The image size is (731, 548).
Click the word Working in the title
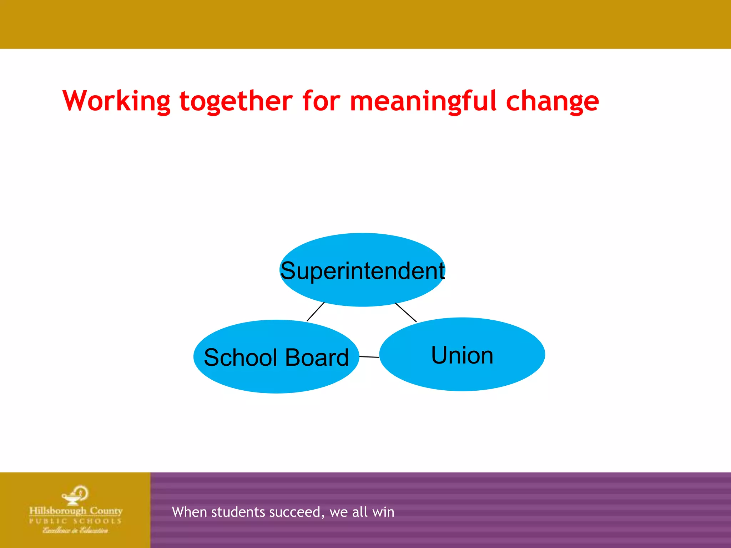pos(116,101)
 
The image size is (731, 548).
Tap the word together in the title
pos(236,101)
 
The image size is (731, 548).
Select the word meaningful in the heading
pos(423,101)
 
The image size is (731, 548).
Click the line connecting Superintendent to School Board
pos(316,311)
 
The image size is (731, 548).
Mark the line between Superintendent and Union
pos(406,312)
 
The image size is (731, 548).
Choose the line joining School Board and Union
pos(369,357)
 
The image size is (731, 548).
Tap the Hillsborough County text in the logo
pos(76,511)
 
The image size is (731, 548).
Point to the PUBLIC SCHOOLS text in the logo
pos(75,521)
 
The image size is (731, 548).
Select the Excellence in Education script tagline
pos(75,531)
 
